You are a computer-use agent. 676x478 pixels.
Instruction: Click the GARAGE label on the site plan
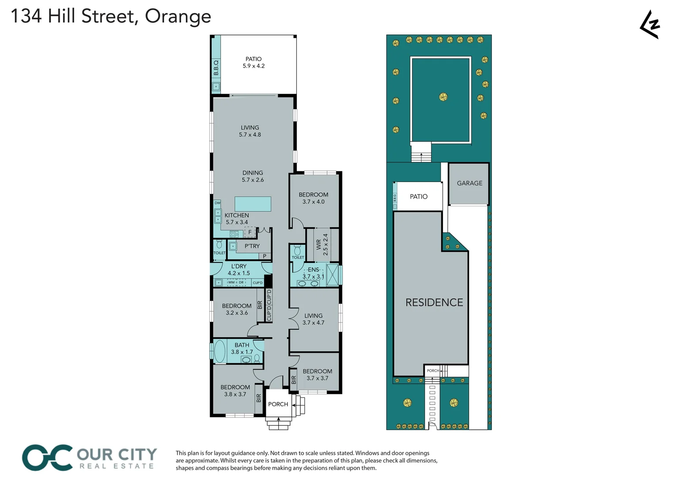pyautogui.click(x=469, y=183)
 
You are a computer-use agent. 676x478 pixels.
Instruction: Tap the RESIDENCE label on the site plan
pyautogui.click(x=434, y=302)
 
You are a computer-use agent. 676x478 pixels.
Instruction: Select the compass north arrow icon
pyautogui.click(x=650, y=25)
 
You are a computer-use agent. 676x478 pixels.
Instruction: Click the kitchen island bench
pyautogui.click(x=253, y=204)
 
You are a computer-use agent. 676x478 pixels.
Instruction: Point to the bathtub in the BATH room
pyautogui.click(x=220, y=351)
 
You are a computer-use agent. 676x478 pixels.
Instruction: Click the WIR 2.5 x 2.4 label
pyautogui.click(x=322, y=245)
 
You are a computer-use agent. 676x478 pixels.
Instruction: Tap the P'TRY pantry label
pyautogui.click(x=252, y=246)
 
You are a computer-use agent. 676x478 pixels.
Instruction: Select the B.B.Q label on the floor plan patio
pyautogui.click(x=216, y=68)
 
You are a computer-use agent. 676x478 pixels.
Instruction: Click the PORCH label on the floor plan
pyautogui.click(x=278, y=404)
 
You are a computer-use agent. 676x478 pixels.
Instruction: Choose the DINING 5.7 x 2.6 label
pyautogui.click(x=253, y=176)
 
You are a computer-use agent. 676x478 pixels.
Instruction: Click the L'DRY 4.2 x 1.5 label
pyautogui.click(x=239, y=270)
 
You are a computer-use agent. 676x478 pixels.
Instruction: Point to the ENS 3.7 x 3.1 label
pyautogui.click(x=313, y=273)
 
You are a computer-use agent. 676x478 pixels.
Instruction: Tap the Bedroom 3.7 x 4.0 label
pyautogui.click(x=313, y=198)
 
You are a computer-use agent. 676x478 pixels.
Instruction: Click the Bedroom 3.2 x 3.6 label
pyautogui.click(x=237, y=309)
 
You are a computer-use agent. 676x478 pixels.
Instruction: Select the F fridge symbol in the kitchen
pyautogui.click(x=250, y=232)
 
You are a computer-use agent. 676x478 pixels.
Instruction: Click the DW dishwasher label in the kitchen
pyautogui.click(x=217, y=203)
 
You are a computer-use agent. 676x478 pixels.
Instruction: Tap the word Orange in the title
pyautogui.click(x=178, y=16)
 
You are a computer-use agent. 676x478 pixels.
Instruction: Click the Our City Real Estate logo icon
pyautogui.click(x=47, y=458)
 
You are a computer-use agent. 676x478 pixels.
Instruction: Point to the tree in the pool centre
pyautogui.click(x=443, y=97)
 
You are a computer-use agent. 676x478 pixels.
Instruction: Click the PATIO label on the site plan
pyautogui.click(x=419, y=197)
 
